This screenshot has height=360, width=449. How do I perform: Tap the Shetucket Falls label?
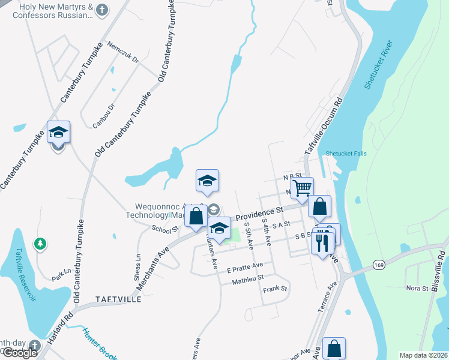click(x=346, y=154)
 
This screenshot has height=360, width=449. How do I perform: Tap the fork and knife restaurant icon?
click(x=322, y=243)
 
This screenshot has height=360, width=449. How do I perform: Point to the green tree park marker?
click(x=40, y=244)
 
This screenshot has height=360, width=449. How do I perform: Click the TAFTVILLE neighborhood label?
click(x=118, y=298)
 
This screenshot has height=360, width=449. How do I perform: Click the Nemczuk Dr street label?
click(x=123, y=52)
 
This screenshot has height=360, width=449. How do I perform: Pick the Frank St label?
click(x=276, y=289)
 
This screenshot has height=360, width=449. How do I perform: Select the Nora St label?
click(x=417, y=288)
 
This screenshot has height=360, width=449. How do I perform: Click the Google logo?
click(x=20, y=353)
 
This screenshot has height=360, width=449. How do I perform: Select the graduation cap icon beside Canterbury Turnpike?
click(x=59, y=133)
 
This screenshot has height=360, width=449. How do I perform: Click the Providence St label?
click(x=259, y=214)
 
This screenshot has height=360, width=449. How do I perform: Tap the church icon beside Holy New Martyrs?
click(x=103, y=10)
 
